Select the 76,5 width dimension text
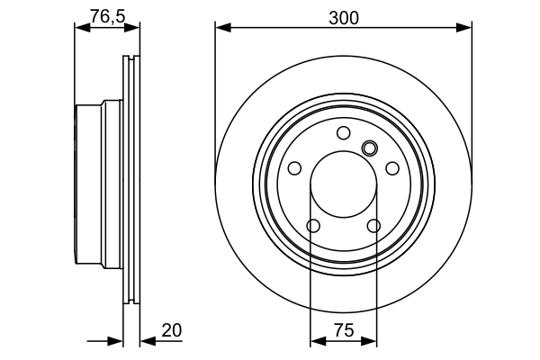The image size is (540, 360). (x=107, y=14)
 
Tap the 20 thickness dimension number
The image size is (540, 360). (x=171, y=331)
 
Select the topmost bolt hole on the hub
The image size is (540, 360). (x=344, y=133)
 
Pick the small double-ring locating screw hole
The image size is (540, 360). (x=369, y=148)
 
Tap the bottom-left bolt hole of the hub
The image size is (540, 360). (x=313, y=226)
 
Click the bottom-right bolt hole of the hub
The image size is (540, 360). (x=373, y=226)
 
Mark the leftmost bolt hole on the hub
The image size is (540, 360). (x=294, y=168)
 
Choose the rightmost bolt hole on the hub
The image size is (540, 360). (x=392, y=168)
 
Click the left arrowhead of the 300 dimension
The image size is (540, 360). (x=221, y=28)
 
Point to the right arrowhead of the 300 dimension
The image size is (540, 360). (x=465, y=28)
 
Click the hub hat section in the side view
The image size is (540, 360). (x=90, y=184)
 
